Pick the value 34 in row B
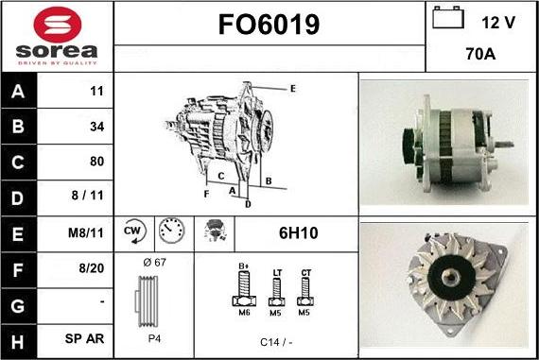pos(96,127)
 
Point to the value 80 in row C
pos(96,162)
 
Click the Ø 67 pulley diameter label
pos(153,262)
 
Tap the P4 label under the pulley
pos(153,336)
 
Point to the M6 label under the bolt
pos(242,313)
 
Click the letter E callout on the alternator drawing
pos(292,89)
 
